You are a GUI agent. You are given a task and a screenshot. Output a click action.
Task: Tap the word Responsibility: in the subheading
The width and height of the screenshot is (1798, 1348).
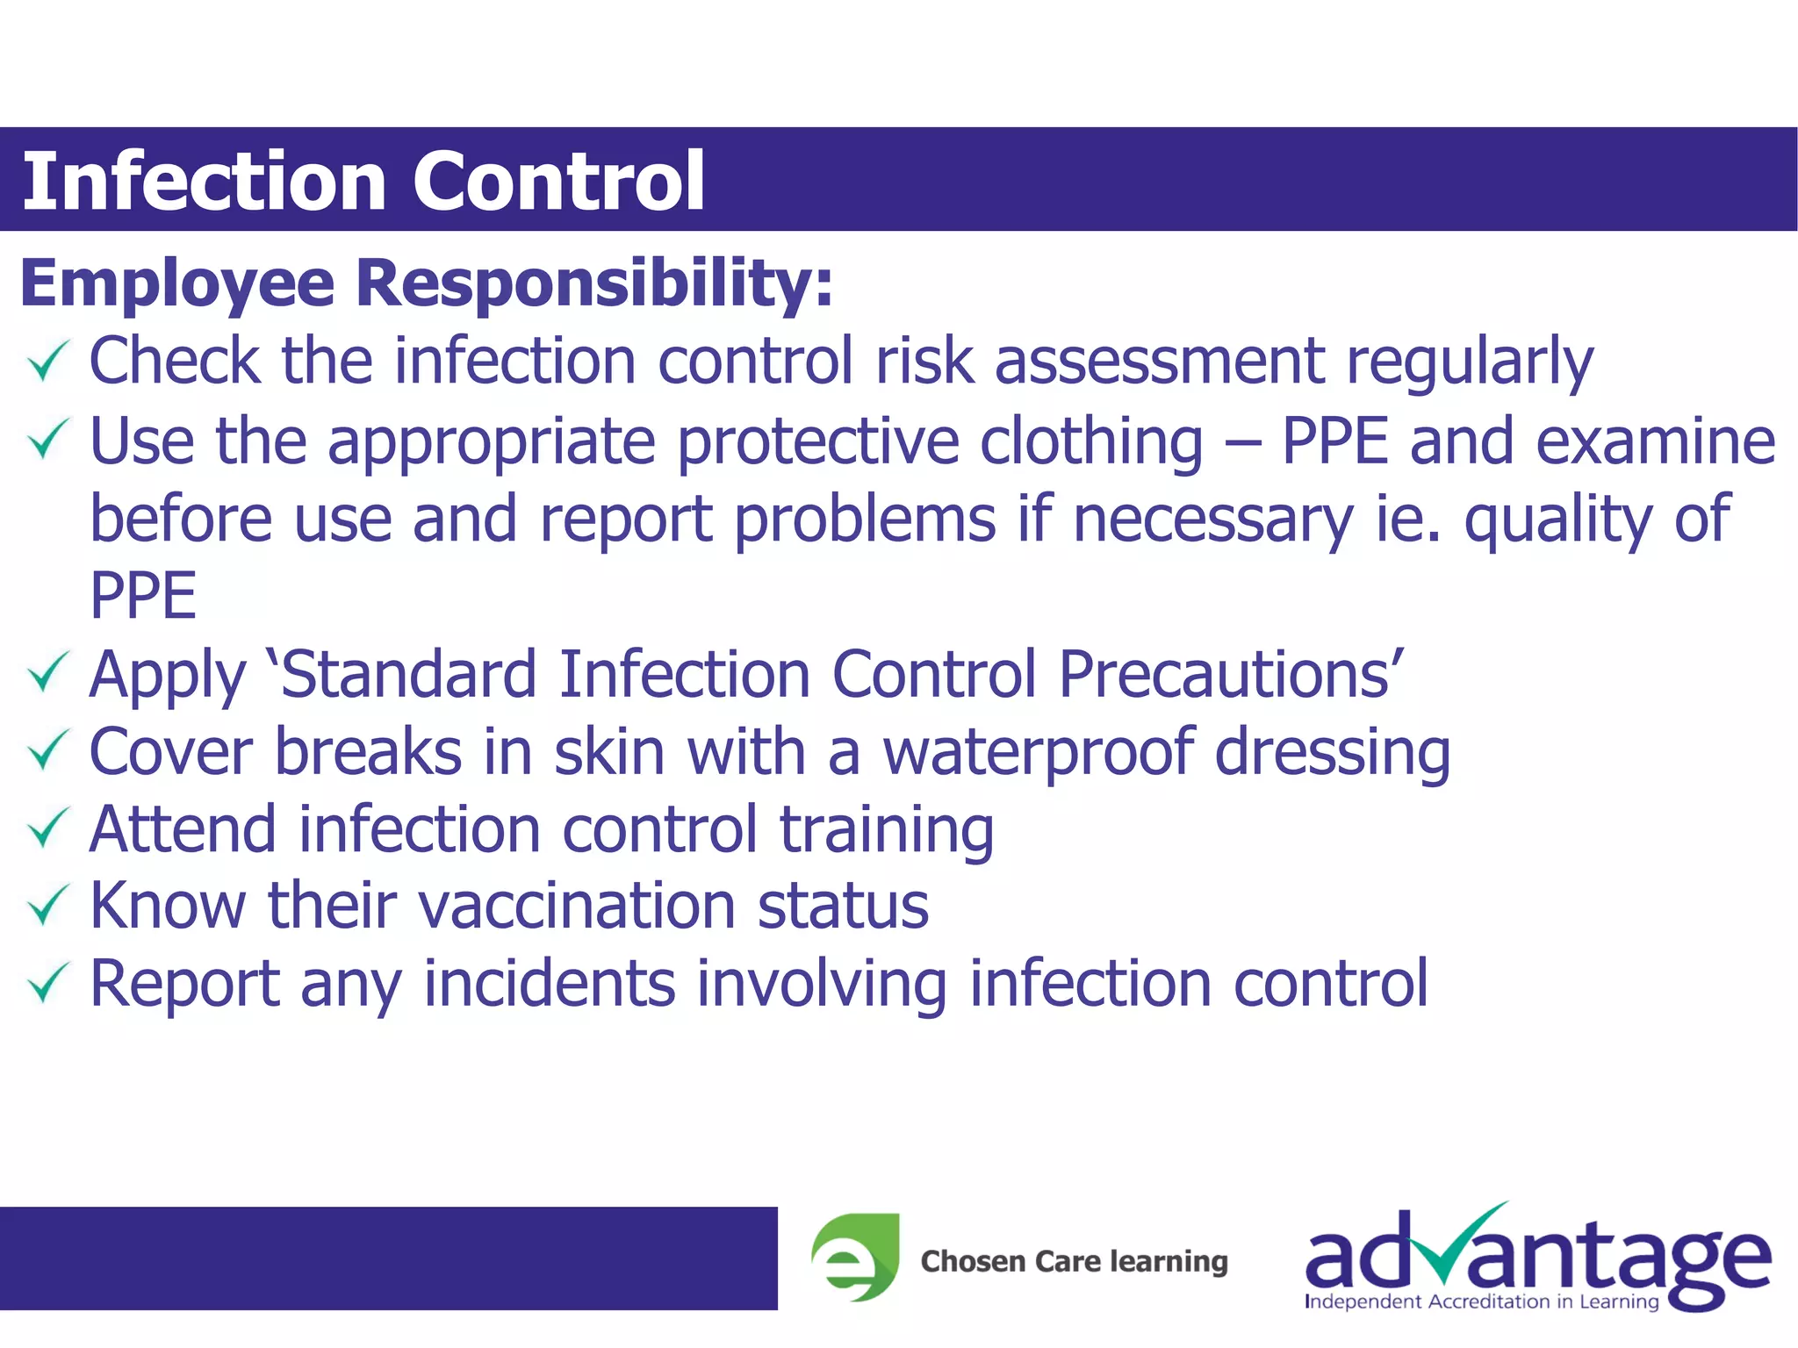pos(594,284)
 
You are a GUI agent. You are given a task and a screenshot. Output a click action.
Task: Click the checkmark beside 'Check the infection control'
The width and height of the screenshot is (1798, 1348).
pos(47,362)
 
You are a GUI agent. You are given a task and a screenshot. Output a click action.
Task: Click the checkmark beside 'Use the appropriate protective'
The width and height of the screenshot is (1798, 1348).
pos(47,440)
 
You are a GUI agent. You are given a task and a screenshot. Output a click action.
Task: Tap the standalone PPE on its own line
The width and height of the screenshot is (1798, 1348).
pos(143,596)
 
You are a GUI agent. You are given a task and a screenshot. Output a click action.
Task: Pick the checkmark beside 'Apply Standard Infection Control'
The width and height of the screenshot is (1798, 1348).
pos(47,673)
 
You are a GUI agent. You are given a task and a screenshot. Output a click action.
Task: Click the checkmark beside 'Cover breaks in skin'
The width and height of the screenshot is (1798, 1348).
pos(47,751)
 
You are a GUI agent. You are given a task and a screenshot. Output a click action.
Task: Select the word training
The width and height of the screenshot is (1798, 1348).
pos(887,830)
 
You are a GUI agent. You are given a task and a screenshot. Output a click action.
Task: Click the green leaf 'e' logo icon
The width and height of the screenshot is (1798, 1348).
pos(855,1258)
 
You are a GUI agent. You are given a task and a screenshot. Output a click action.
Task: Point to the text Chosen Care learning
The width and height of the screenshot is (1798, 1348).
pos(1074,1261)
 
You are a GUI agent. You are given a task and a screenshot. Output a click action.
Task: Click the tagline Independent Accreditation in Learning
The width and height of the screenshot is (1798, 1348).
pos(1481,1301)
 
